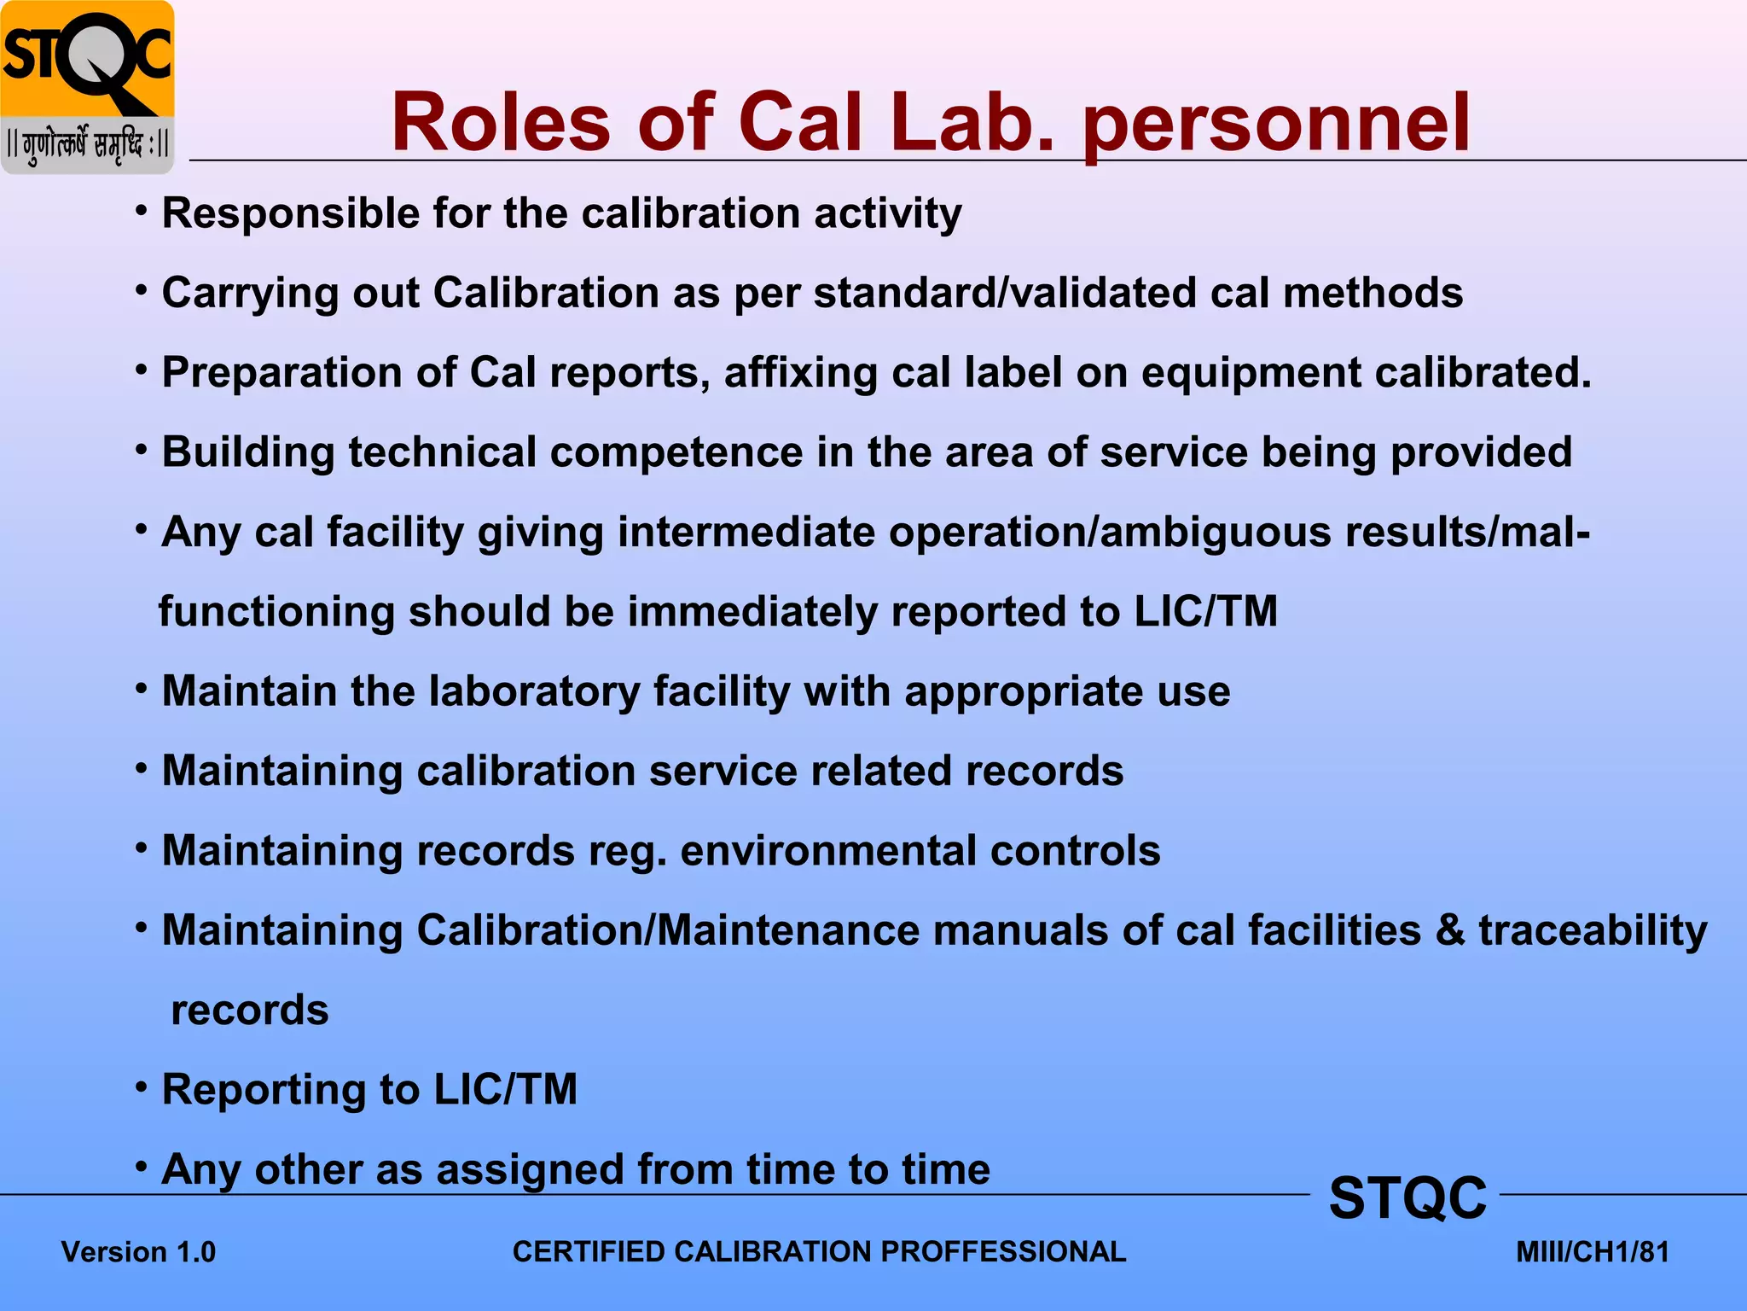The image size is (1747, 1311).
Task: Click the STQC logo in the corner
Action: coord(87,87)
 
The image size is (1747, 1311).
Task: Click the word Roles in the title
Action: coord(501,123)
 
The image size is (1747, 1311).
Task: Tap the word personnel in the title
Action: coord(1277,123)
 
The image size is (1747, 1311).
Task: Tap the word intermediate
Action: coord(746,532)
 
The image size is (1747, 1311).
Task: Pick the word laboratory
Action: coord(534,691)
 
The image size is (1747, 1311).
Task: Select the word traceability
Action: coord(1593,930)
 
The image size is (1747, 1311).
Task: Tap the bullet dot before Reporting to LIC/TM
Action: coord(142,1087)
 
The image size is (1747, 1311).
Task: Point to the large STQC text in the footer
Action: coord(1407,1197)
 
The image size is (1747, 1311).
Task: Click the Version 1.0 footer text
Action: coord(138,1252)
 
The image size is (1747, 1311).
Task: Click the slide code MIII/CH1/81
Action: coord(1592,1252)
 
